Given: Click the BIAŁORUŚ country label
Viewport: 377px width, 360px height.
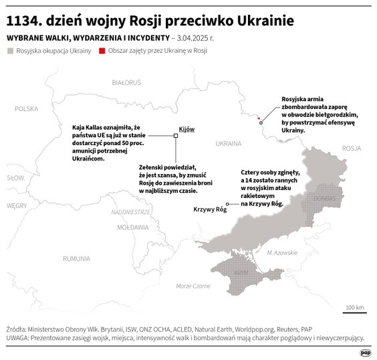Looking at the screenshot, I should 126,82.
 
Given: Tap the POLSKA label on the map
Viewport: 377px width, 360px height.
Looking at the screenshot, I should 27,108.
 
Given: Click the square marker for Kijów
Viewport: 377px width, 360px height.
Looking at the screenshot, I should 176,136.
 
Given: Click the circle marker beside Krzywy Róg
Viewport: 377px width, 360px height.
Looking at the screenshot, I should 228,203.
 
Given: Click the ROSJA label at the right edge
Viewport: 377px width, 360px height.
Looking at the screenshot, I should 350,149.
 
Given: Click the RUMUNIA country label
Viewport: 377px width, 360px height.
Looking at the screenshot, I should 76,258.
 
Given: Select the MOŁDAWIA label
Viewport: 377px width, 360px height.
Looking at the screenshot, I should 132,228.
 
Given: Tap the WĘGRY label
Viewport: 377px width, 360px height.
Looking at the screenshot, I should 16,206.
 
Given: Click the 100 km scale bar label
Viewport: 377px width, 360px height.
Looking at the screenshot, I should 354,308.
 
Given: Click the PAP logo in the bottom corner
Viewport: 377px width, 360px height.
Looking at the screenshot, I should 366,353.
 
